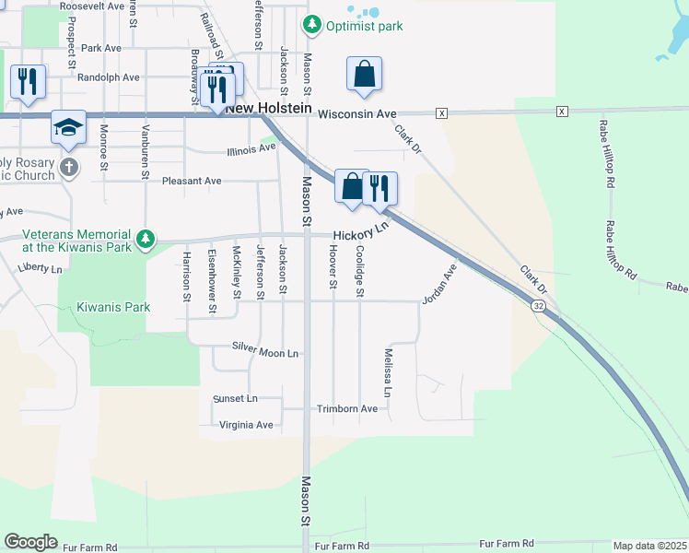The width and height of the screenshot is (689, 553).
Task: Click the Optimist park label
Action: pos(364,26)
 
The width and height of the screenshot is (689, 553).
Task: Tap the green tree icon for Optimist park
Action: pos(312,24)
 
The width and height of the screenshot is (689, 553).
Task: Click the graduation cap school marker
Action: pos(68,127)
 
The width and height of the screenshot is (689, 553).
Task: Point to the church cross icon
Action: pos(68,168)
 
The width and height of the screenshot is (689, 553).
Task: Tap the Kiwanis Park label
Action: pos(112,305)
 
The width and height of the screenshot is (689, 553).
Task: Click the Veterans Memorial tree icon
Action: pos(145,240)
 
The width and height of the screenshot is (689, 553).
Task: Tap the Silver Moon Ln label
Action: pos(265,353)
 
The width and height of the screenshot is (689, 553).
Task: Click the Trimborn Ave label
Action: pos(347,408)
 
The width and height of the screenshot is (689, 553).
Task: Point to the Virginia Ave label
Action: pos(247,425)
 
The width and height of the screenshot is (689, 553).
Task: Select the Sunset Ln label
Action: pos(235,399)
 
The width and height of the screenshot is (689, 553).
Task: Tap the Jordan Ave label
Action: pos(439,285)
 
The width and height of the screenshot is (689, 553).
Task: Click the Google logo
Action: pos(30,541)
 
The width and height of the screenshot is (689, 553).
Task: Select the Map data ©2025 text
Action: pos(649,546)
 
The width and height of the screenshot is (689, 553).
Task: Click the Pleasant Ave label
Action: pos(192,181)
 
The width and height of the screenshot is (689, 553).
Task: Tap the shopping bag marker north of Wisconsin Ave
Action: pos(364,74)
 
